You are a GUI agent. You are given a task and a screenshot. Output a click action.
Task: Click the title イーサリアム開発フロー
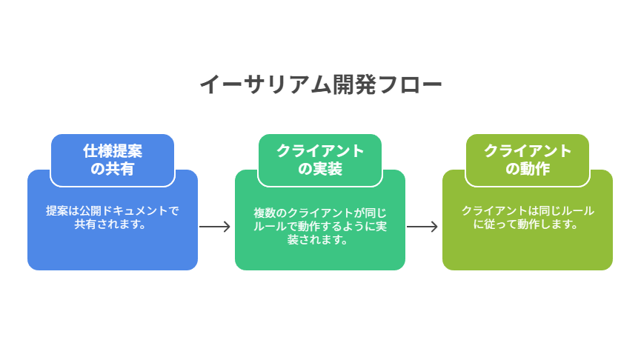(320, 84)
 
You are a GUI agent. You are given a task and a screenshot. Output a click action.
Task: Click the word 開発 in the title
(354, 84)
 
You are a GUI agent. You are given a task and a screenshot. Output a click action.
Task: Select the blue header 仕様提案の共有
(113, 160)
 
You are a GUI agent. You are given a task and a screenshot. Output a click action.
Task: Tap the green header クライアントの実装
(320, 160)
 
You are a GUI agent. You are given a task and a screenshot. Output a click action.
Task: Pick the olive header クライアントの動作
(528, 160)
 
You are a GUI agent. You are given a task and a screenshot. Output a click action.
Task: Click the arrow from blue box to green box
(215, 227)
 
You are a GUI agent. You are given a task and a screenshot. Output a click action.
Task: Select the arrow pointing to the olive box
(422, 227)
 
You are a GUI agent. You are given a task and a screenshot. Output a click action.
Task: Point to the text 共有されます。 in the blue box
(110, 224)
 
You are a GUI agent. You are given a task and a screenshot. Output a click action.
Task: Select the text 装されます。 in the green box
(318, 239)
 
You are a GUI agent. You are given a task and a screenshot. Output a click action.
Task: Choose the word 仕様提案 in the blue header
(113, 151)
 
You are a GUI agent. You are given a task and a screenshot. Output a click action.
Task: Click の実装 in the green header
(320, 168)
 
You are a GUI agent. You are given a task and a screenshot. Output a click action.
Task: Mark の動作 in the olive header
(528, 168)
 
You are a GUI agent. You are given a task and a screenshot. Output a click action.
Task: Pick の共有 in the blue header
(113, 168)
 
